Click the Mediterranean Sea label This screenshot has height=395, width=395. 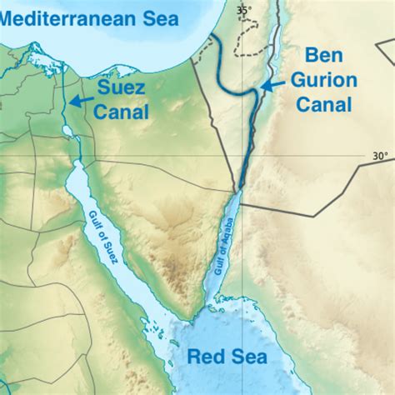pyautogui.click(x=81, y=14)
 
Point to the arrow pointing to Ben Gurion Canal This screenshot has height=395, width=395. pyautogui.click(x=270, y=86)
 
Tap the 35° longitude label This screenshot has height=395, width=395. pyautogui.click(x=242, y=10)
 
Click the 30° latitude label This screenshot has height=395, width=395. pyautogui.click(x=380, y=156)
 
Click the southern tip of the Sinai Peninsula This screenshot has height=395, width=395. pyautogui.click(x=193, y=317)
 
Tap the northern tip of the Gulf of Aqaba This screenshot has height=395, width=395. pyautogui.click(x=240, y=189)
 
